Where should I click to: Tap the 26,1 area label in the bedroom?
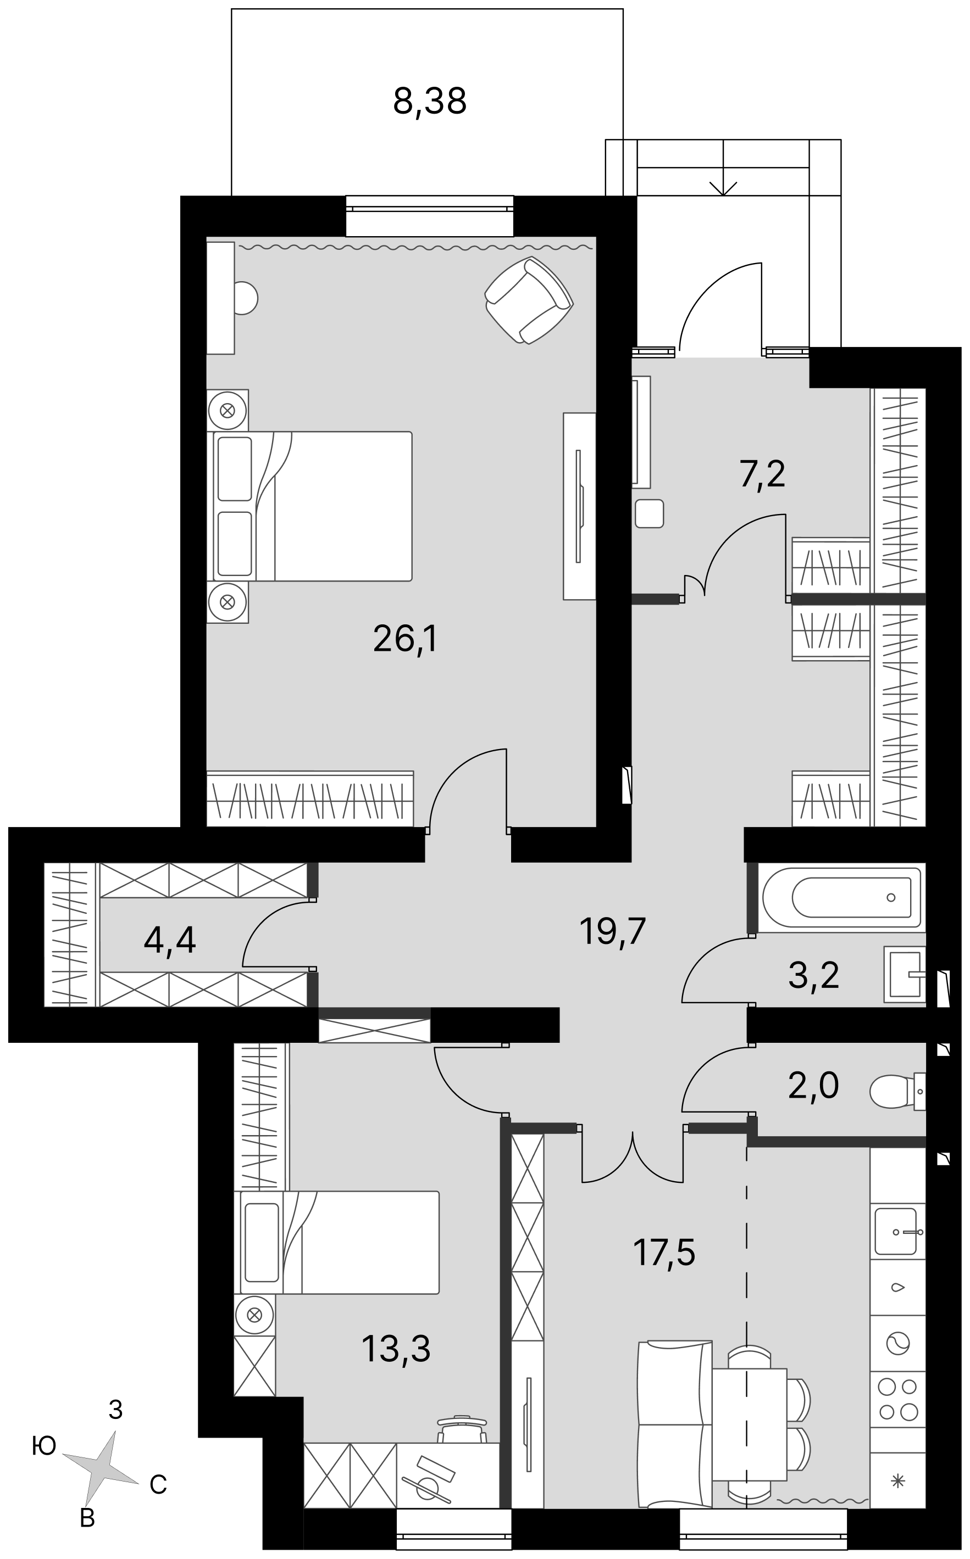405,639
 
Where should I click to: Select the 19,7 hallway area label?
612,931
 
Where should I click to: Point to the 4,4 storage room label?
170,941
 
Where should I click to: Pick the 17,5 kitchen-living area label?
664,1252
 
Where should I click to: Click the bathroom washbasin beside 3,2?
905,974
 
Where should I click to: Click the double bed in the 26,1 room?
309,506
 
